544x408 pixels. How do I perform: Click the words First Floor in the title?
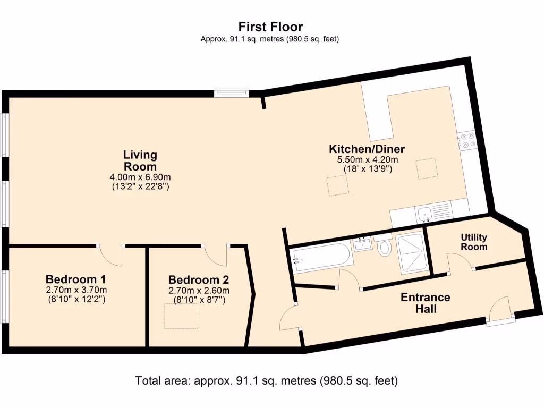tap(270, 27)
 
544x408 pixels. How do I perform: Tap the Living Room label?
tap(140, 160)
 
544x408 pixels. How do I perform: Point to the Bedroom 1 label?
tap(76, 279)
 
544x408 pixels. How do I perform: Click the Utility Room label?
tap(474, 242)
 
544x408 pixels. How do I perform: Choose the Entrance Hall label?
tap(425, 303)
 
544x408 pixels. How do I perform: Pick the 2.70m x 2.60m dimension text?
tap(199, 291)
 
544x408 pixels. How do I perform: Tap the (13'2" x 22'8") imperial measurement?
tap(140, 186)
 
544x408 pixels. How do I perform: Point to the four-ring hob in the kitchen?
tap(468, 140)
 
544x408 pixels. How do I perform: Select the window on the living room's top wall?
tap(232, 93)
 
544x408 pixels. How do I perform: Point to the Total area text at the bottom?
tap(266, 381)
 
